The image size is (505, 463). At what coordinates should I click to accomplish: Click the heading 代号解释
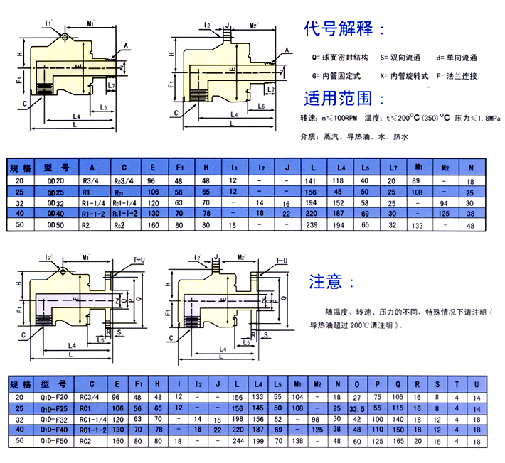pyautogui.click(x=345, y=31)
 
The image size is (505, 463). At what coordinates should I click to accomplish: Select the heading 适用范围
pyautogui.click(x=345, y=98)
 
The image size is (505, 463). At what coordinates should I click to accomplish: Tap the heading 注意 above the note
pyautogui.click(x=330, y=282)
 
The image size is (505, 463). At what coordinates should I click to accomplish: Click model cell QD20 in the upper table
pyautogui.click(x=55, y=180)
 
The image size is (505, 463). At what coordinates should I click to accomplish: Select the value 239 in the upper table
pyautogui.click(x=311, y=226)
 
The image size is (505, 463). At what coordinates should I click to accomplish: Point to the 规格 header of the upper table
pyautogui.click(x=21, y=169)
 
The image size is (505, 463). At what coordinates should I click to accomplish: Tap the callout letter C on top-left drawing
pyautogui.click(x=26, y=102)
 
